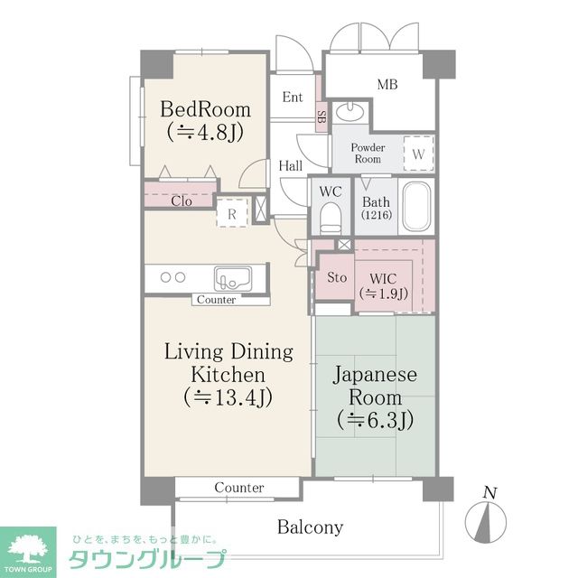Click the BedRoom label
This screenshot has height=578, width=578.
coord(205,109)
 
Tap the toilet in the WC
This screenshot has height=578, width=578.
coord(331,219)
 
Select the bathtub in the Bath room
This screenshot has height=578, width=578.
coord(416,207)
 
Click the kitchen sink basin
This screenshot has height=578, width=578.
coord(233,279)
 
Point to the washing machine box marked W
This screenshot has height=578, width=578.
coord(418,154)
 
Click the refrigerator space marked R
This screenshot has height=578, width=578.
coord(231,213)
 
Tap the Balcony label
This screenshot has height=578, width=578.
coord(311,527)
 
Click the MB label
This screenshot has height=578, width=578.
coord(387,85)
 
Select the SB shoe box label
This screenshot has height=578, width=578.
coord(322,117)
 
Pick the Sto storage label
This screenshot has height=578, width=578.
coord(337,277)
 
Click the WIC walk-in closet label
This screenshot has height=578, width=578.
coord(383,279)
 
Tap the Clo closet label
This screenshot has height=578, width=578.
coord(182,201)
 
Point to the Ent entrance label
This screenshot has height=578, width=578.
coord(293,97)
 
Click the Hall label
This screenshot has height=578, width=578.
coord(291,166)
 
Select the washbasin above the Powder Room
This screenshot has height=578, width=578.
coord(350,111)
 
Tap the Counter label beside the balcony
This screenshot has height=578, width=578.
coord(239,488)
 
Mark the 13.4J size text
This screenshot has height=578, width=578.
coord(228,397)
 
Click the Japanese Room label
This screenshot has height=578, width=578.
coord(376,386)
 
